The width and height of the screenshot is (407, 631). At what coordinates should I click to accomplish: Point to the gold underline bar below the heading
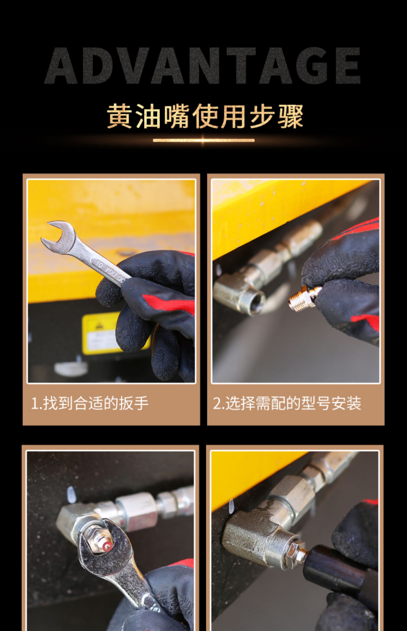tap(203, 140)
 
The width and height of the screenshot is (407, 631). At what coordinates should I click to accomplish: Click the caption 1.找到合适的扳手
tap(90, 403)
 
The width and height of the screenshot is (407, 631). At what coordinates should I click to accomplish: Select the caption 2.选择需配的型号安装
tap(287, 403)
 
